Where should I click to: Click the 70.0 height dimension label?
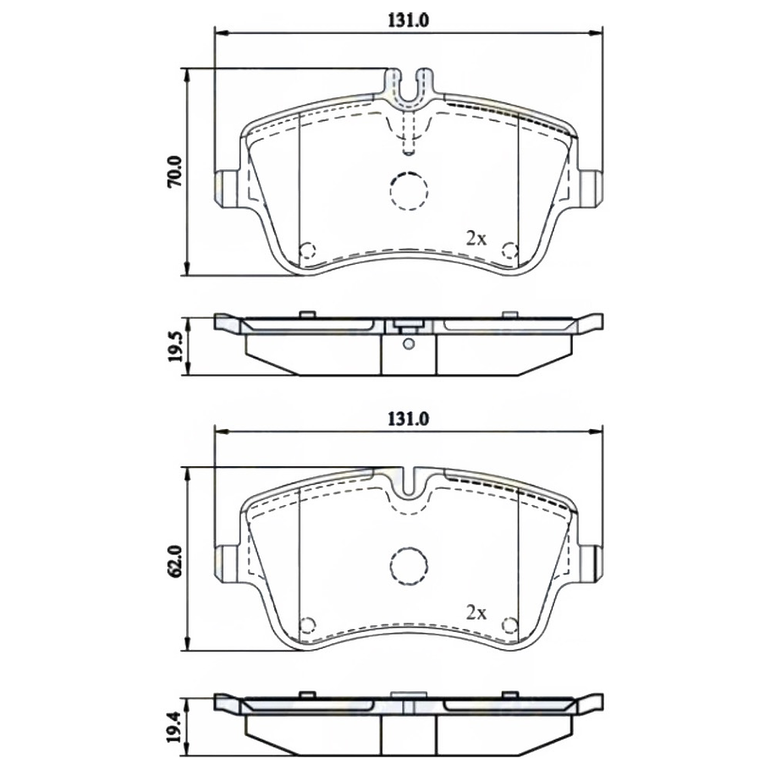tap(175, 171)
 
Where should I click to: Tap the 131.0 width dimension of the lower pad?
tap(410, 419)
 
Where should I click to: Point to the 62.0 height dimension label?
tap(175, 560)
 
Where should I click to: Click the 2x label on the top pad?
tap(477, 239)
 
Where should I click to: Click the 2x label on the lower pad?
tap(477, 611)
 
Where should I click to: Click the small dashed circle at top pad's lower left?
tap(308, 250)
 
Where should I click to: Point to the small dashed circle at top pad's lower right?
tap(509, 250)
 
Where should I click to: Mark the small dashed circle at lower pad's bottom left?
tap(308, 625)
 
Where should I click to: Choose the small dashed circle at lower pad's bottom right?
tap(509, 625)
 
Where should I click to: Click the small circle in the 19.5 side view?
tap(409, 344)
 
